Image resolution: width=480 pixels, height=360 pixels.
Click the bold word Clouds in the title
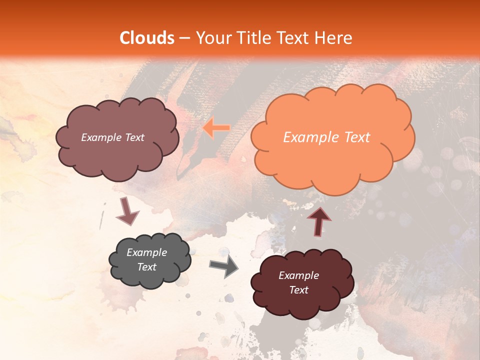point(147,38)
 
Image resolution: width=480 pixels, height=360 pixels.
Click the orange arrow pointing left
point(216,128)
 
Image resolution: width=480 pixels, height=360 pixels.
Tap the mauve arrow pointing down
point(127,211)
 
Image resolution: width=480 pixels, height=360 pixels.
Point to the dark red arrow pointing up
point(319,220)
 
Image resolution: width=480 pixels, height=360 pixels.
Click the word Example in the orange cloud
point(310,137)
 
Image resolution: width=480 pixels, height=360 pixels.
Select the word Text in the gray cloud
point(147,267)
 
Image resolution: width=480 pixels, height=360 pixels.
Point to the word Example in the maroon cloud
point(298,275)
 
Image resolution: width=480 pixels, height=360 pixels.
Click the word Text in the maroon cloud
point(298,290)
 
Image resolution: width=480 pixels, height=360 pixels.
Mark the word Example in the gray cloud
point(147,252)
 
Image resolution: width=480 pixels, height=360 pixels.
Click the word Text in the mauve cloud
point(134,137)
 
